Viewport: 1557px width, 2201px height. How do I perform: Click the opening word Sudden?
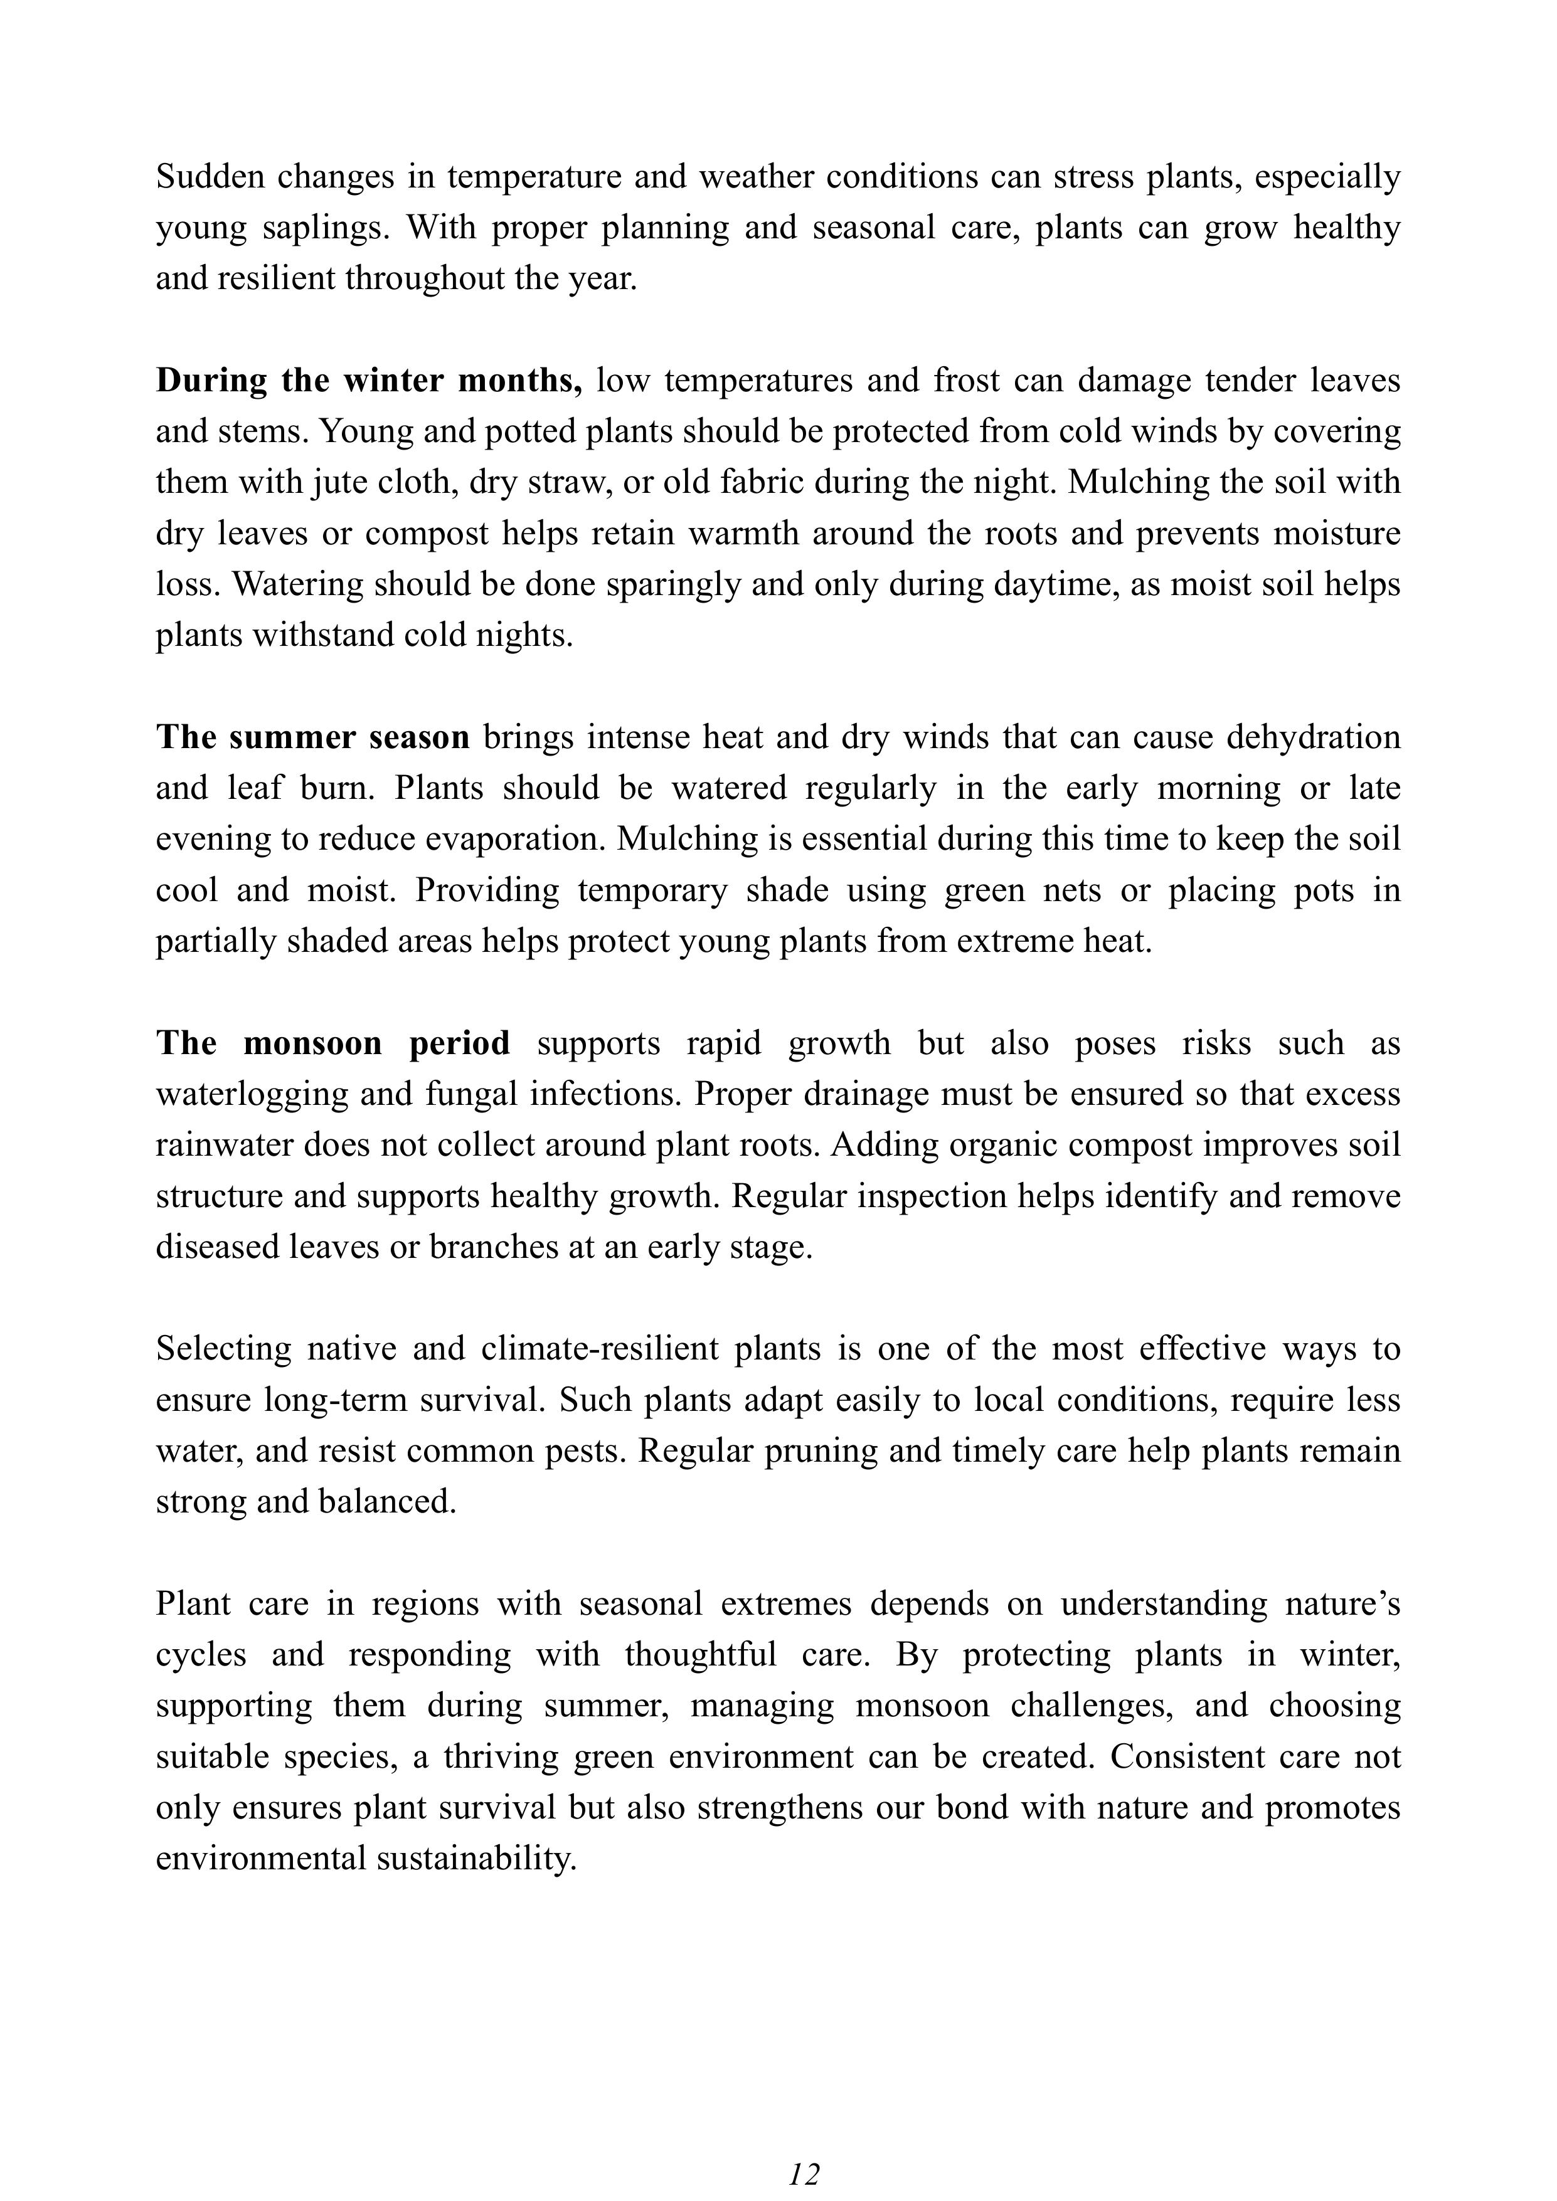[x=203, y=177]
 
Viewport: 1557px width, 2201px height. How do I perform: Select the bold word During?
[x=212, y=381]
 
